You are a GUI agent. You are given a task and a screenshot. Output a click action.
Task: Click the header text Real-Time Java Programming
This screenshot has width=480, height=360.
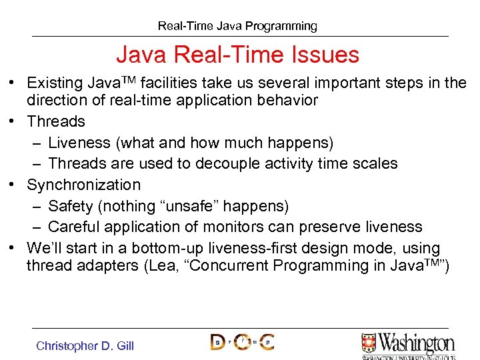[x=237, y=26]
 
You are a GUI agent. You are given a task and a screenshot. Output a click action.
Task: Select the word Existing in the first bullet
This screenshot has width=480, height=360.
[x=56, y=83]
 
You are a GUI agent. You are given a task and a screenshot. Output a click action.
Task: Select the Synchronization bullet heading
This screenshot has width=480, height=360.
[x=83, y=185]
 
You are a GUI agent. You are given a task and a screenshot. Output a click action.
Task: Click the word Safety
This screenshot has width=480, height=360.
[x=70, y=206]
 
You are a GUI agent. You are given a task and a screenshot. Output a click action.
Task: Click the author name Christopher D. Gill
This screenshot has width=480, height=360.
[x=85, y=345]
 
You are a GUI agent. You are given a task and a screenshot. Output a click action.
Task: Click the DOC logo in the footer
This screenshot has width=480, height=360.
[x=242, y=342]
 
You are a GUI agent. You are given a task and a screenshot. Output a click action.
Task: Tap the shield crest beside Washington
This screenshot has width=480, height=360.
[x=369, y=343]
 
